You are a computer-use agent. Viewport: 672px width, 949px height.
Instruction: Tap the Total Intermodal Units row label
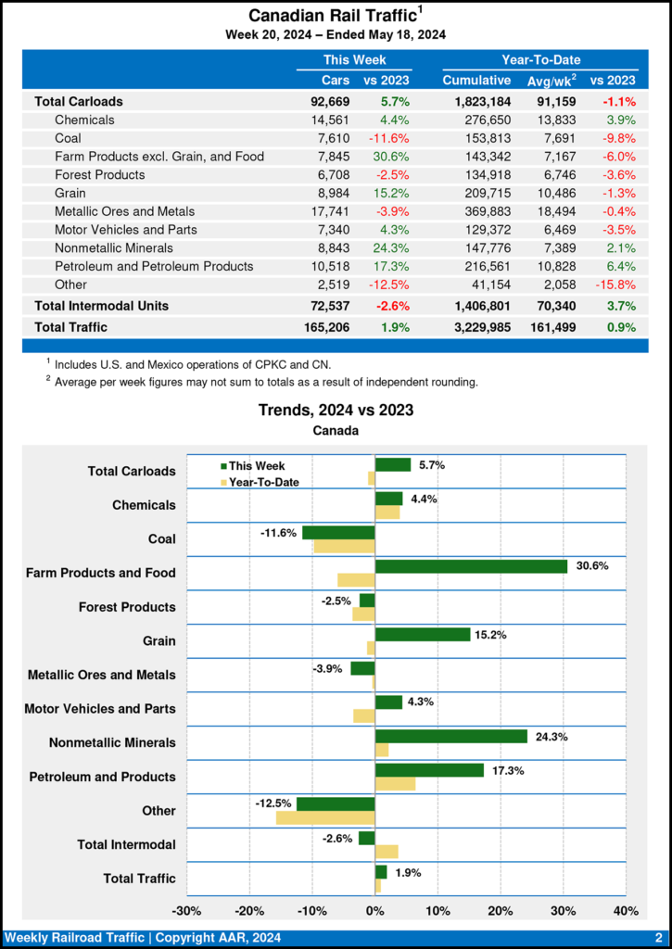click(x=101, y=305)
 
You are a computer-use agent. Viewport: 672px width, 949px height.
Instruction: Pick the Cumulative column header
click(x=476, y=81)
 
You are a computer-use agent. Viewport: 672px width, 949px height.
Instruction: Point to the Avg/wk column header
click(x=551, y=81)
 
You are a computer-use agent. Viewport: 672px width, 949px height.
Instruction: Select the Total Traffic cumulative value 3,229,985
click(x=476, y=326)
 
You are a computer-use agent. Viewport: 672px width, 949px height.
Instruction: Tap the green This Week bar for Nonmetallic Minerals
click(x=450, y=736)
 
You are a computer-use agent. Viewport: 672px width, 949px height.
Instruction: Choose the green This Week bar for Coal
click(x=338, y=532)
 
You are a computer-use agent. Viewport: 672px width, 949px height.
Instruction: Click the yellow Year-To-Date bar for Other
click(x=325, y=817)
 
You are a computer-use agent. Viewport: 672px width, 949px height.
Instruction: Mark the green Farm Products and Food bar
click(x=471, y=566)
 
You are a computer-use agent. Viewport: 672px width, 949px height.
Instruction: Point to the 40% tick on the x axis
click(x=626, y=910)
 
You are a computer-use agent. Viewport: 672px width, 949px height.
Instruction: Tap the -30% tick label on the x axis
click(x=187, y=910)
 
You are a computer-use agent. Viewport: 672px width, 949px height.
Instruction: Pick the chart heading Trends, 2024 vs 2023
click(x=336, y=410)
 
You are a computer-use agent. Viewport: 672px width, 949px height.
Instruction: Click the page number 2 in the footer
click(x=657, y=938)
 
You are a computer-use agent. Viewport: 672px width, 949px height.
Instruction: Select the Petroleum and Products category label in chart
click(x=102, y=777)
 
